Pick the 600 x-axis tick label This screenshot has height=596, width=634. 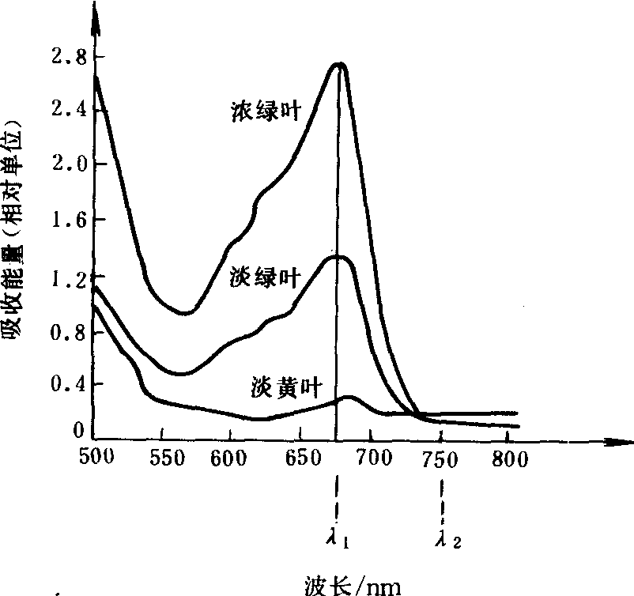(229, 458)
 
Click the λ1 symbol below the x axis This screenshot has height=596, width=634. (338, 541)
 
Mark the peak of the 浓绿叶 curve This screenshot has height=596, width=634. (341, 64)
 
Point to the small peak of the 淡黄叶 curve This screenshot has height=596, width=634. (349, 397)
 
